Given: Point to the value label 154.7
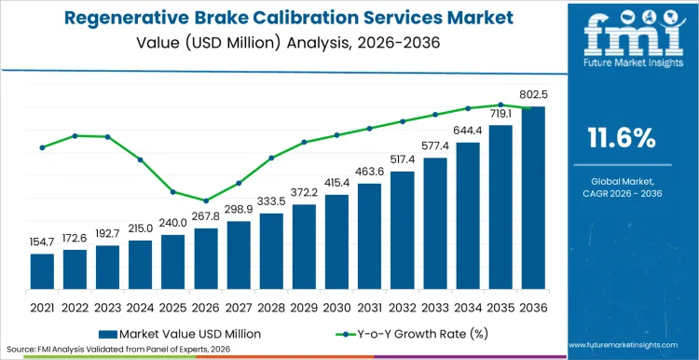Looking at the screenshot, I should tap(42, 242).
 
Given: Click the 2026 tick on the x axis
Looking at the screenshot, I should tap(206, 305).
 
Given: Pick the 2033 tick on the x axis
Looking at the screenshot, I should tap(435, 305).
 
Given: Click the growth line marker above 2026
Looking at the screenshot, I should tap(206, 201).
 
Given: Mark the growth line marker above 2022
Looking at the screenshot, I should tap(75, 135).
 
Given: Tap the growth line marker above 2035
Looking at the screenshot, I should tap(500, 105).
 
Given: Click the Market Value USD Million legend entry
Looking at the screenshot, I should tap(186, 333).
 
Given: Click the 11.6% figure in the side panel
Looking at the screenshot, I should tap(623, 139).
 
